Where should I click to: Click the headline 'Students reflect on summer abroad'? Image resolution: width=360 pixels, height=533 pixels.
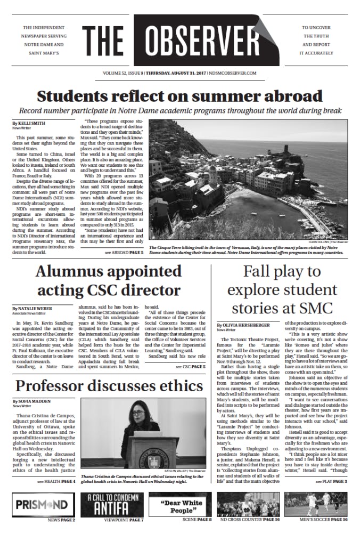pyautogui.click(x=180, y=96)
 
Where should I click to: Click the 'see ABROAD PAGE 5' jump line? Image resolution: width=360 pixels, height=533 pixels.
pyautogui.click(x=124, y=252)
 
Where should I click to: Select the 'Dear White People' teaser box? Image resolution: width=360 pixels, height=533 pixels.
pyautogui.click(x=180, y=504)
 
